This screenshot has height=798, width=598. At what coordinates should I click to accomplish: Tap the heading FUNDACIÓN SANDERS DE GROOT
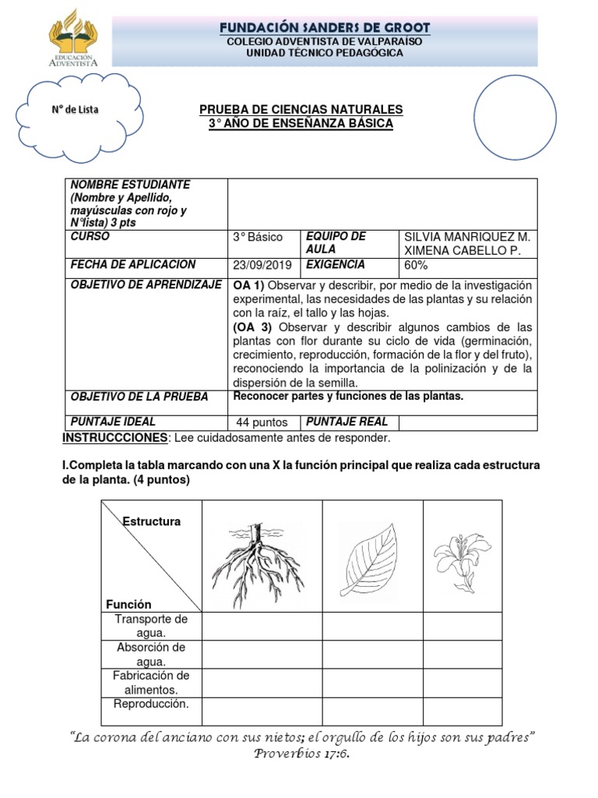pyautogui.click(x=325, y=28)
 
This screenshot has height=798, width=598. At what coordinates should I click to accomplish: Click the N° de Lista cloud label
pyautogui.click(x=75, y=110)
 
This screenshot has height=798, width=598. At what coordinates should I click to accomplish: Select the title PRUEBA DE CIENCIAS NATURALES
pyautogui.click(x=301, y=110)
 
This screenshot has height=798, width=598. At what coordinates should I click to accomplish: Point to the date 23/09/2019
pyautogui.click(x=262, y=265)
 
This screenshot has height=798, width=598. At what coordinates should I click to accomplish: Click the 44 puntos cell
pyautogui.click(x=262, y=422)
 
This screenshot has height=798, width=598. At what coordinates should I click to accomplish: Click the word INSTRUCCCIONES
pyautogui.click(x=114, y=437)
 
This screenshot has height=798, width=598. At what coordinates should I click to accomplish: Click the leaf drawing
pyautogui.click(x=372, y=556)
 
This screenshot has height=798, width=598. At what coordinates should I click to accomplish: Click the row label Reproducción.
pyautogui.click(x=151, y=704)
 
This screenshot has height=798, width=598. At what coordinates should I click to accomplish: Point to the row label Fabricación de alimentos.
pyautogui.click(x=151, y=683)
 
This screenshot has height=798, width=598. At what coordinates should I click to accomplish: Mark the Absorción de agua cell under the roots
pyautogui.click(x=262, y=655)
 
